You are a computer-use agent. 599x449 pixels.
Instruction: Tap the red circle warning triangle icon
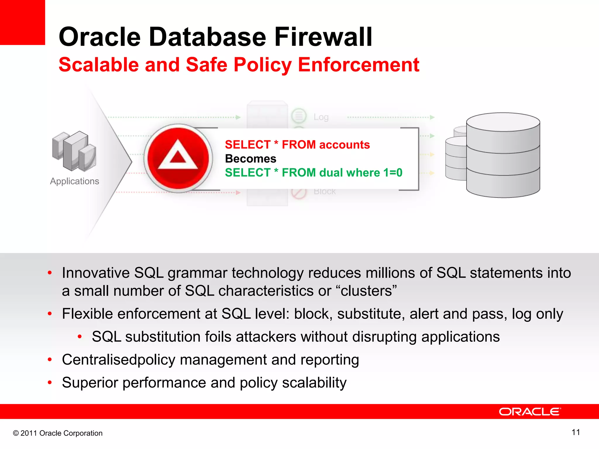click(178, 158)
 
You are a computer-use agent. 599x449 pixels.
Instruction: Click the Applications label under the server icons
click(75, 181)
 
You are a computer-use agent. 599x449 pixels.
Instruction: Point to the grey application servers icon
click(74, 151)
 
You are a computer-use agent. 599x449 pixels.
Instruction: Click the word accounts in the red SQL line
click(345, 145)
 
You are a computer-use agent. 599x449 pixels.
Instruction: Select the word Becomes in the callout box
click(251, 159)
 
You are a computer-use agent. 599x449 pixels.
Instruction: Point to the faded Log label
click(321, 117)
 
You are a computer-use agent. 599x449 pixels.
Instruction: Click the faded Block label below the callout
click(324, 192)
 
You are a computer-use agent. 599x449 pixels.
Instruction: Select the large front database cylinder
click(503, 155)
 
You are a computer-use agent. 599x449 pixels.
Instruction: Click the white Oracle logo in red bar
click(530, 412)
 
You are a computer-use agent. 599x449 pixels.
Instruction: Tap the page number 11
click(576, 432)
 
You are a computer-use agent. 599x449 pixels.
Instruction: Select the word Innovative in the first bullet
click(96, 273)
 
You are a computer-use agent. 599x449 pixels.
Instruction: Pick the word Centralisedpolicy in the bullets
click(118, 360)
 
